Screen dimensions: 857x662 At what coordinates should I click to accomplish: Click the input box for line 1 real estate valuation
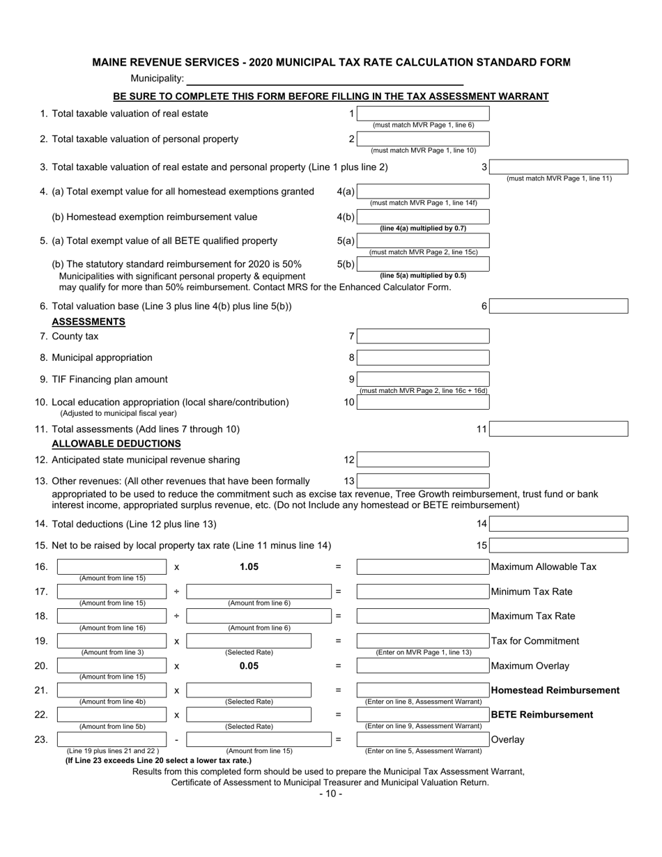tap(423, 114)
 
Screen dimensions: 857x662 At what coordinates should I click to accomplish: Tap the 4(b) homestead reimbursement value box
tap(423, 217)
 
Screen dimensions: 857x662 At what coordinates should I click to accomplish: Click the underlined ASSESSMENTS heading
tap(88, 321)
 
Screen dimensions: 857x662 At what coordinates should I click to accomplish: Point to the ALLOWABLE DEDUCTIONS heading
tap(116, 443)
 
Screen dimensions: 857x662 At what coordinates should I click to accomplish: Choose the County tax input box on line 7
tap(423, 337)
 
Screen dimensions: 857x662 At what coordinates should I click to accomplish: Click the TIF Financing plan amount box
tap(423, 379)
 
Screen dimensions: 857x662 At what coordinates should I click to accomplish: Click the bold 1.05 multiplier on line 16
tap(249, 567)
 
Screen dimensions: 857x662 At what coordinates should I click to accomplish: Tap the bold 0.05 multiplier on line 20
tap(249, 666)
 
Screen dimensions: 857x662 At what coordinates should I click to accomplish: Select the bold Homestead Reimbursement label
tap(555, 690)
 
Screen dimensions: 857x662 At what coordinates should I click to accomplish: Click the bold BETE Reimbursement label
tap(542, 715)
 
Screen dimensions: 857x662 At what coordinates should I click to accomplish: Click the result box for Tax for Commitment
tap(423, 641)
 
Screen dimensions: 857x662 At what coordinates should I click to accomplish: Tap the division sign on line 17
tap(176, 592)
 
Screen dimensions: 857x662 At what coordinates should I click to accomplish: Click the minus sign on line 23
tap(176, 739)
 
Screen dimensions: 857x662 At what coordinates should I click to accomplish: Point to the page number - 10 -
tap(330, 794)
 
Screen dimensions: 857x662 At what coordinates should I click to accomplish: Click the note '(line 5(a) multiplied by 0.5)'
tap(423, 275)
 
